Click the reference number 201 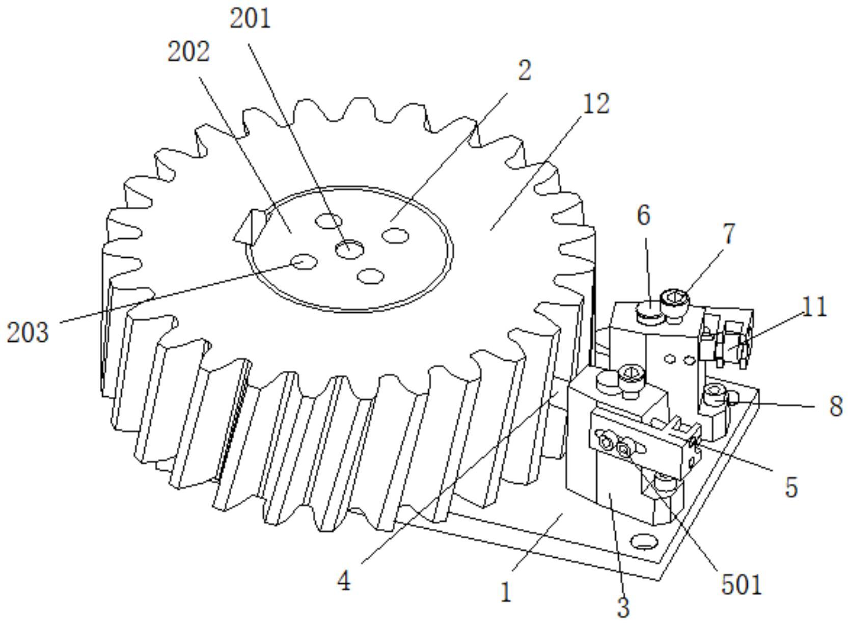point(250,19)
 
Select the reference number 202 point(188,52)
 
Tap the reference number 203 point(28,333)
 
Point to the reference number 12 point(596,103)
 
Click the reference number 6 point(644,215)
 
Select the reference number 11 point(814,307)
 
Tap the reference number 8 point(836,406)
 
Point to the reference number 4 point(344,581)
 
